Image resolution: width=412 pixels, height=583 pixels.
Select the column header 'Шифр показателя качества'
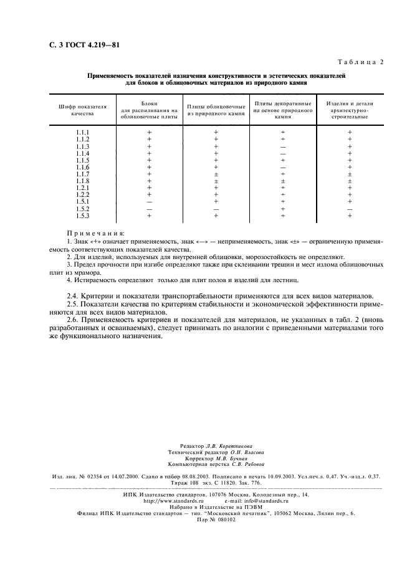(83, 110)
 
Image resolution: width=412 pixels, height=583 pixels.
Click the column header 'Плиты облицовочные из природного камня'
(216, 110)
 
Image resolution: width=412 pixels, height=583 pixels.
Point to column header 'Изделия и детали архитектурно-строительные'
(349, 110)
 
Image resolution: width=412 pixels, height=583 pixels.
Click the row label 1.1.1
(83, 133)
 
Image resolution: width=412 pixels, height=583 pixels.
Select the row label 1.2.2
(83, 194)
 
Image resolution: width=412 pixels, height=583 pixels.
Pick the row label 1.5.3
(83, 216)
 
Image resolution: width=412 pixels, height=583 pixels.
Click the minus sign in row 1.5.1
(150, 202)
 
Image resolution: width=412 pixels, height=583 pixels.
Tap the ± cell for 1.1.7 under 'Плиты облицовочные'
(216, 174)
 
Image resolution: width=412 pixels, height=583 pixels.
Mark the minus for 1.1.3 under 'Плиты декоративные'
(283, 146)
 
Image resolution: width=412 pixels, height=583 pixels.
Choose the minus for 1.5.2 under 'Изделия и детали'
(350, 209)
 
